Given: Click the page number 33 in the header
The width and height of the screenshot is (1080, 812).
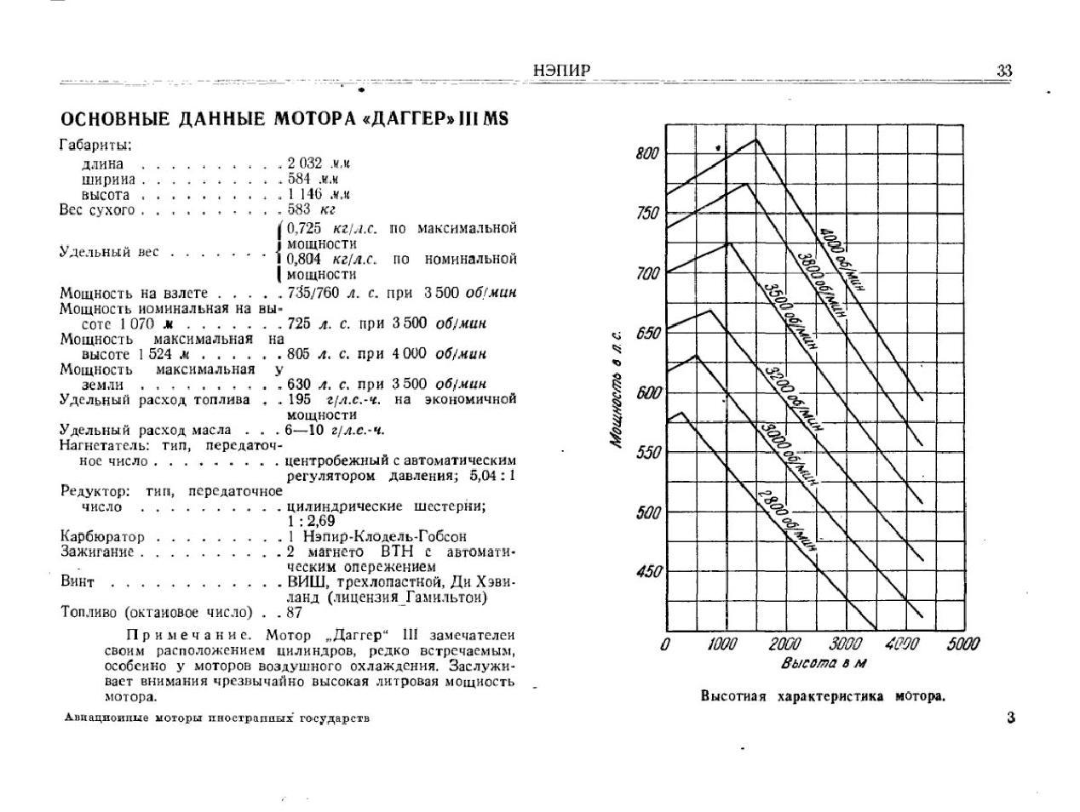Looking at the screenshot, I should pyautogui.click(x=1004, y=71).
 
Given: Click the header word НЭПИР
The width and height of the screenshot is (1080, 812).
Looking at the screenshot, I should pyautogui.click(x=561, y=71).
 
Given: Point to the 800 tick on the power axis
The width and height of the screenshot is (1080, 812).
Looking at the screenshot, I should pyautogui.click(x=647, y=154).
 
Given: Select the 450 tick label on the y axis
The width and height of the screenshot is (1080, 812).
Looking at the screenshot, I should pyautogui.click(x=648, y=571).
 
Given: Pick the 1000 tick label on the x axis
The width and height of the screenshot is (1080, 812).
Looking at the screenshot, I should pyautogui.click(x=721, y=643).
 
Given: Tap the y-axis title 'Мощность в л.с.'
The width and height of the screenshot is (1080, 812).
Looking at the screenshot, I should pyautogui.click(x=616, y=388).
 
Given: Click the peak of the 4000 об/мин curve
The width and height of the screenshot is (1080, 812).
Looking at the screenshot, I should pyautogui.click(x=756, y=139).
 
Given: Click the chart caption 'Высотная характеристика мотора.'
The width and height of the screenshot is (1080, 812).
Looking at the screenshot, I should pyautogui.click(x=823, y=696).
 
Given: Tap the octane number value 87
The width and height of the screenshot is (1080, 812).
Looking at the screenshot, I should pyautogui.click(x=295, y=613).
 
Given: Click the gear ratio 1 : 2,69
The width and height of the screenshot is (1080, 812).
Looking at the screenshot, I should pyautogui.click(x=311, y=521).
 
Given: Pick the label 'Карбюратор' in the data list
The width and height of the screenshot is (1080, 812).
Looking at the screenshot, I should pyautogui.click(x=102, y=537).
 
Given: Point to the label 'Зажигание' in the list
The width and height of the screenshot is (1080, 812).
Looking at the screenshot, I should pyautogui.click(x=97, y=552).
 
